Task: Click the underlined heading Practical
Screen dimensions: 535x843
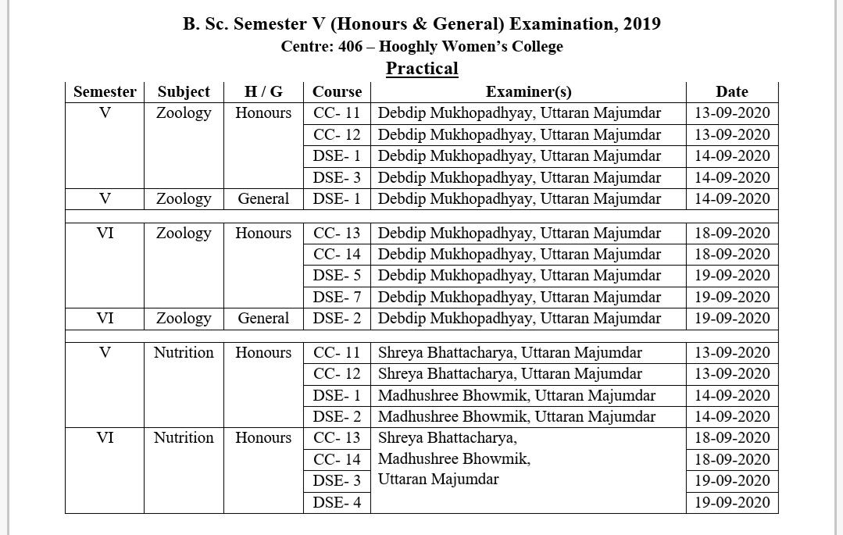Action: pyautogui.click(x=422, y=69)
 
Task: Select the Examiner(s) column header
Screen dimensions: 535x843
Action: pyautogui.click(x=528, y=92)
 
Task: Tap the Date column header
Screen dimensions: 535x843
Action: pyautogui.click(x=731, y=92)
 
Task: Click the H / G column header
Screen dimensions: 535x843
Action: pyautogui.click(x=263, y=92)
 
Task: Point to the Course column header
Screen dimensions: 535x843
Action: pyautogui.click(x=337, y=92)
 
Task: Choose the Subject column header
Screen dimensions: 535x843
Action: pyautogui.click(x=184, y=92)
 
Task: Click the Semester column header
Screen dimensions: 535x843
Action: pyautogui.click(x=105, y=92)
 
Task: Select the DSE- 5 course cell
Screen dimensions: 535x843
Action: pyautogui.click(x=337, y=276)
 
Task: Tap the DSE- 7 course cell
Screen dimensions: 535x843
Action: pyautogui.click(x=337, y=297)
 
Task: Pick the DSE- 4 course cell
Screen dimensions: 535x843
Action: pyautogui.click(x=337, y=502)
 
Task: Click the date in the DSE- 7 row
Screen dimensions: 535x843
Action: pyautogui.click(x=732, y=297)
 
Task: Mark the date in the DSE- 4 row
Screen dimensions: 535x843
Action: pyautogui.click(x=732, y=502)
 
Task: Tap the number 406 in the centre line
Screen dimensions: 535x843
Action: pyautogui.click(x=351, y=46)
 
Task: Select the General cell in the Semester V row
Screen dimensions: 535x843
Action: pyautogui.click(x=263, y=199)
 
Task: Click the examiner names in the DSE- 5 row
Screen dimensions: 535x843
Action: pyautogui.click(x=519, y=276)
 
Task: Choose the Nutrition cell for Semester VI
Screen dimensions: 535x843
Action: pyautogui.click(x=184, y=438)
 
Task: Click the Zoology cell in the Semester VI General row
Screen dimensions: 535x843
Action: pyautogui.click(x=184, y=319)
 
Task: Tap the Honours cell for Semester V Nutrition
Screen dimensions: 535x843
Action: pyautogui.click(x=263, y=353)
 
